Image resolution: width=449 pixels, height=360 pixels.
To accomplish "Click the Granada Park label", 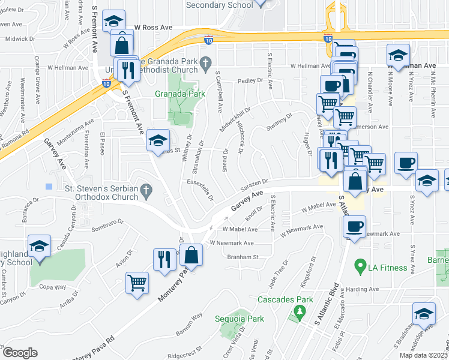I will tap(179, 94).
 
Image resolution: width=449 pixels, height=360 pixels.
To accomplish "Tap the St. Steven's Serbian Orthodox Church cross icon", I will tap(145, 190).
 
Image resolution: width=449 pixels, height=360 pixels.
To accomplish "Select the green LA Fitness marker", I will tap(360, 264).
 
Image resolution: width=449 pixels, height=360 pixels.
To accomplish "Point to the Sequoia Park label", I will tap(240, 319).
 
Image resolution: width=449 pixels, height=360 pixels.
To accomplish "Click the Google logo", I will tap(20, 352).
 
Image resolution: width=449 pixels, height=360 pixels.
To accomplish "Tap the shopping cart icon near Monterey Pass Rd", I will tap(137, 282).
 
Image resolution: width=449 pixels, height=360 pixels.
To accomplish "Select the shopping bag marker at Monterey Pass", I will tap(191, 254).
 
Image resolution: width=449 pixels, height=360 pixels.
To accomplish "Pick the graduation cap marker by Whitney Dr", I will tap(157, 141).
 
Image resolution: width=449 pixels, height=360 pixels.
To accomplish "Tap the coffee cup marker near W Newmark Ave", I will tap(354, 226).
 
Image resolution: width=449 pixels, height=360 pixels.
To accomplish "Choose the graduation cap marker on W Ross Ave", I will tap(113, 22).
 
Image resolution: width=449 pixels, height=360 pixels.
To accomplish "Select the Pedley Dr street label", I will tap(246, 80).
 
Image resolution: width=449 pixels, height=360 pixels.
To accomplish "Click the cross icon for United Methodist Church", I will tap(206, 61).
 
